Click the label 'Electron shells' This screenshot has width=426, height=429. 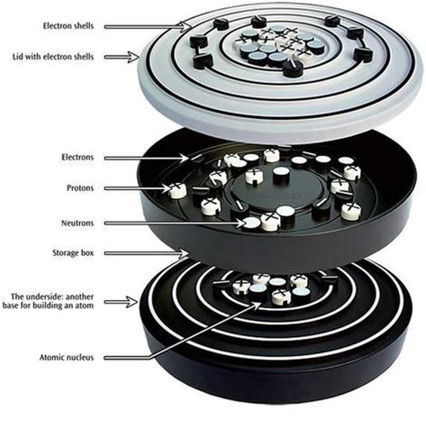pos(68,26)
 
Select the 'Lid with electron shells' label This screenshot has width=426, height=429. pos(53,57)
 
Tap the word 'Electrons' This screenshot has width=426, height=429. pos(77,157)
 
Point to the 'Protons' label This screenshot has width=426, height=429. pos(80,188)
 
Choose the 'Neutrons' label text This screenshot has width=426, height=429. pos(77,223)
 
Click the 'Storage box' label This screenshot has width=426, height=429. pos(73,252)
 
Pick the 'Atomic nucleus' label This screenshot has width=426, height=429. pos(67,358)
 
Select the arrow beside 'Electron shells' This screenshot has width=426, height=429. pos(148,27)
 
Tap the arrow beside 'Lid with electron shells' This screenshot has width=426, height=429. pos(122,57)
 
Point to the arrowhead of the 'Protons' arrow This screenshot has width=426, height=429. pos(168,188)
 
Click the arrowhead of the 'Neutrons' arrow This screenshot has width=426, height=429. pos(245,223)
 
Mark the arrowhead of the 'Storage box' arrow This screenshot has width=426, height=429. pos(184,254)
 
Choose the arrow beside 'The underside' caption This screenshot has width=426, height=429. pos(122,302)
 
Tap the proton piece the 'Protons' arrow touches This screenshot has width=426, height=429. pos(177,191)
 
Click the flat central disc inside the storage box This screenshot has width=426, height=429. pos(277,188)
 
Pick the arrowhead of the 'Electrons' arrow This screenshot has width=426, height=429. pos(186,157)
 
